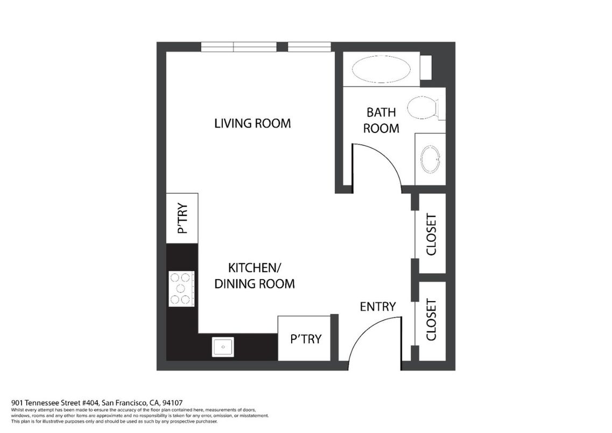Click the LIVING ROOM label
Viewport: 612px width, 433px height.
coord(252,123)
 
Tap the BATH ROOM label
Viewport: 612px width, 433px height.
coord(381,120)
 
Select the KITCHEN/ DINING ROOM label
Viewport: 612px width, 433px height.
coord(255,276)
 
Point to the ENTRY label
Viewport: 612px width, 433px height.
coord(378,306)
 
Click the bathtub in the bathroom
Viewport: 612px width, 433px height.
coord(381,69)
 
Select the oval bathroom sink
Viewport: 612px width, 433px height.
coord(431,159)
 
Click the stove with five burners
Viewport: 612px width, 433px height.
coord(181,289)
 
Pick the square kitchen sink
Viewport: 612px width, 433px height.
coord(223,347)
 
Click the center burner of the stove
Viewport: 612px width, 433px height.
coord(180,289)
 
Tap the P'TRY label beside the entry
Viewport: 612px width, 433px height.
coord(306,339)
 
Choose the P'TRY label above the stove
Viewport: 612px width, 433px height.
coord(182,218)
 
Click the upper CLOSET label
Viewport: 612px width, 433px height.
coord(431,234)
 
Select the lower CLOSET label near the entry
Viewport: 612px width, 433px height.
coord(431,320)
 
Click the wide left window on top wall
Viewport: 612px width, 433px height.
coord(239,47)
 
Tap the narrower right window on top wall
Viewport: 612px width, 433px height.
coord(309,47)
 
